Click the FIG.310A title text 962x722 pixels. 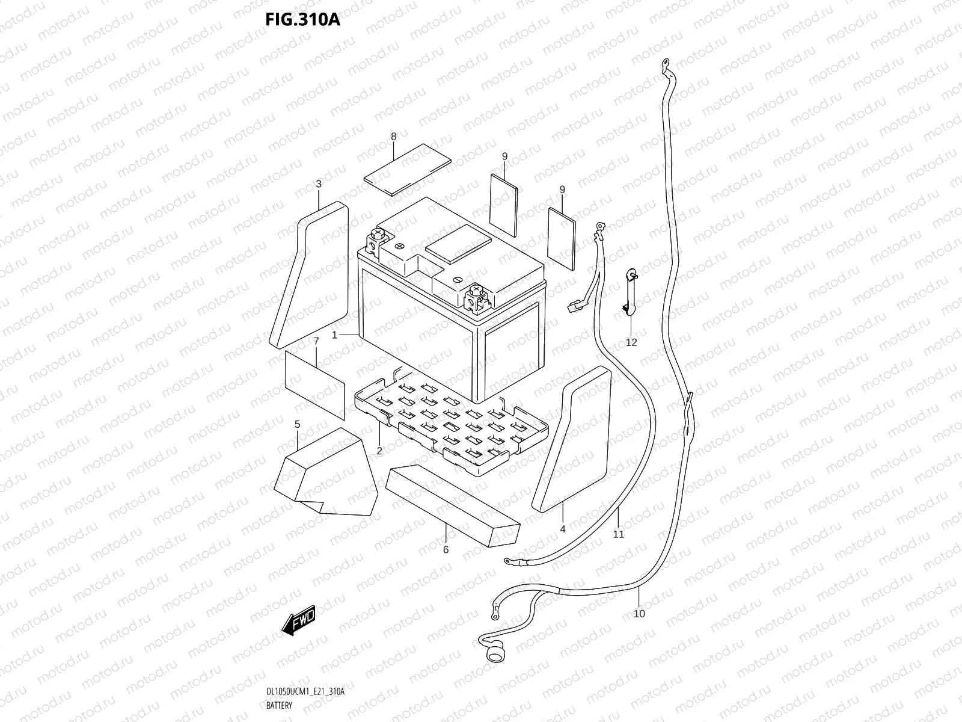click(x=302, y=19)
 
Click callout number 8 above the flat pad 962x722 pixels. click(x=394, y=137)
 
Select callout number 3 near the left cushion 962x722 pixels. click(x=319, y=183)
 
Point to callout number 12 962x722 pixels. click(x=631, y=342)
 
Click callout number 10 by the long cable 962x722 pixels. click(x=639, y=613)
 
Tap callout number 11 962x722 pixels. click(x=619, y=533)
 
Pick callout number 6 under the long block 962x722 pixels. click(x=446, y=549)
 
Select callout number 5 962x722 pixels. click(x=297, y=425)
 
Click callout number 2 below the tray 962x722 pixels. click(x=379, y=450)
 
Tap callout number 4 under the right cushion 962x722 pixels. click(x=563, y=529)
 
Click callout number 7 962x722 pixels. click(x=316, y=341)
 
